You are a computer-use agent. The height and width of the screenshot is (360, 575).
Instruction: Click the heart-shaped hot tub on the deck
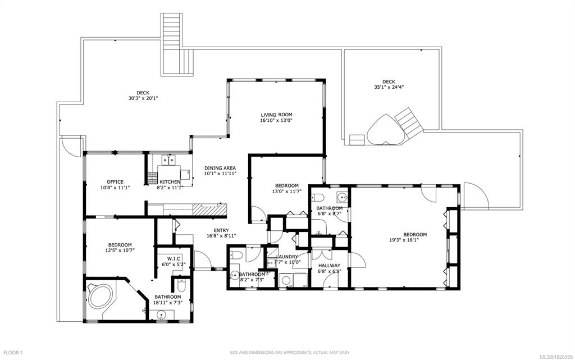pyautogui.click(x=386, y=130)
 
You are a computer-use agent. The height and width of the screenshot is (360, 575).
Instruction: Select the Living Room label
pyautogui.click(x=276, y=115)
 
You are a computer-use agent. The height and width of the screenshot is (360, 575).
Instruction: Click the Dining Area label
pyautogui.click(x=220, y=168)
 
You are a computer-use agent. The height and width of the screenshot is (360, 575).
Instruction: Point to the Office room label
pyautogui.click(x=115, y=182)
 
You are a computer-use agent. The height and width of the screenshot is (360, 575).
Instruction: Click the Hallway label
pyautogui.click(x=329, y=266)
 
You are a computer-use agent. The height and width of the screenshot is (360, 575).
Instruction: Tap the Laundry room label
pyautogui.click(x=287, y=257)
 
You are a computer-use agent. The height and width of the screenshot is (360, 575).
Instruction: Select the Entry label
pyautogui.click(x=221, y=231)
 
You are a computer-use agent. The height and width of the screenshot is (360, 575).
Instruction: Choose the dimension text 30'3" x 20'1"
pyautogui.click(x=143, y=98)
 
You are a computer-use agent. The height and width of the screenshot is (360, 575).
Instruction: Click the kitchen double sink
pyautogui.click(x=168, y=160)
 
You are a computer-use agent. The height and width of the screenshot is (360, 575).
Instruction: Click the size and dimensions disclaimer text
pyautogui.click(x=290, y=353)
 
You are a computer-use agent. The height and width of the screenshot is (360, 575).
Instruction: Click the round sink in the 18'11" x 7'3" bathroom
pyautogui.click(x=161, y=315)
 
